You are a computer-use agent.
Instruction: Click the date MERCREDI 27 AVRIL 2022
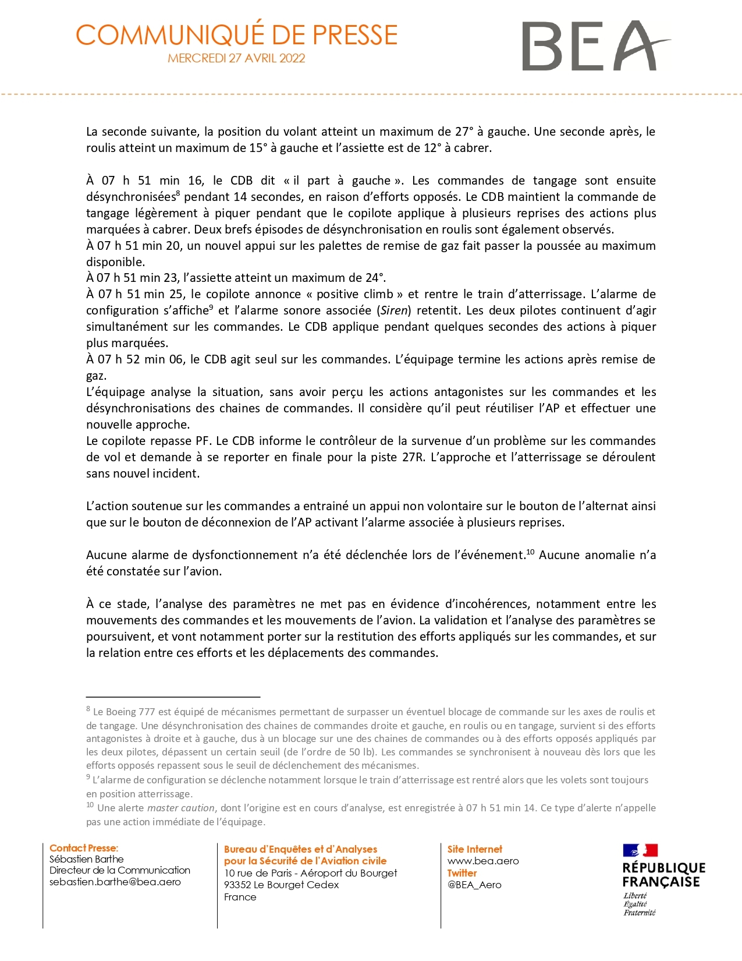click(x=236, y=58)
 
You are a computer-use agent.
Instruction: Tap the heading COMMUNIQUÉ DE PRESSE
click(x=236, y=35)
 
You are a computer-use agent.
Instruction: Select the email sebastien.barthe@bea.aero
click(x=115, y=882)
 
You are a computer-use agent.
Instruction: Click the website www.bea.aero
click(x=482, y=861)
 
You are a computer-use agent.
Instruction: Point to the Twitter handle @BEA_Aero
click(x=474, y=885)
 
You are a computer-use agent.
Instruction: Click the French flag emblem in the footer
click(x=640, y=850)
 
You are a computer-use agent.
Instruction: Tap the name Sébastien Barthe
click(x=86, y=858)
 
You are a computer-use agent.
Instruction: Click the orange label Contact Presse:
click(x=84, y=848)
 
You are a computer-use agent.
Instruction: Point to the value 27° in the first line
click(x=464, y=132)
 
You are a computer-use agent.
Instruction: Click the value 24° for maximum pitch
click(x=374, y=278)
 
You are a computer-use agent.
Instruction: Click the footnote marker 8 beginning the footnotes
click(x=88, y=709)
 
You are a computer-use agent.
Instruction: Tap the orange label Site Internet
click(x=474, y=849)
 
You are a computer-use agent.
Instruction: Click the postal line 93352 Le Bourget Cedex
click(x=281, y=885)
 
